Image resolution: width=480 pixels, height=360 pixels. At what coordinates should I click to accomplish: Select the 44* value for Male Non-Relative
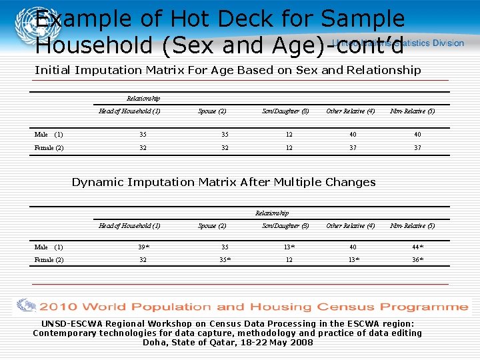[x=417, y=247]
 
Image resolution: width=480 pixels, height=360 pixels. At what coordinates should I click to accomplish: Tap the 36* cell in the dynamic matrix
[x=417, y=260]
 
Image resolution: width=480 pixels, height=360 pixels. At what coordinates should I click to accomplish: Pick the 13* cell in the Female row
[x=353, y=260]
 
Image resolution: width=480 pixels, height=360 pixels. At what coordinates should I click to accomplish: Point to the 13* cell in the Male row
[x=289, y=247]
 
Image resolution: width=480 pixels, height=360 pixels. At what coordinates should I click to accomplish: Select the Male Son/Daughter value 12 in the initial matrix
[x=289, y=134]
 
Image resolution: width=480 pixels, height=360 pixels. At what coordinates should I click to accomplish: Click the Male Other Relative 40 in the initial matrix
[x=351, y=134]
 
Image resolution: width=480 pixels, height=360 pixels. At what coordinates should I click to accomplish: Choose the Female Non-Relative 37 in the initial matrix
[x=417, y=147]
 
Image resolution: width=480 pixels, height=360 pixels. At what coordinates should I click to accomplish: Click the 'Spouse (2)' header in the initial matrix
[x=212, y=111]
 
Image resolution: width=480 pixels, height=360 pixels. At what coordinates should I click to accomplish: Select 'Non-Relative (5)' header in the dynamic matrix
[x=412, y=226]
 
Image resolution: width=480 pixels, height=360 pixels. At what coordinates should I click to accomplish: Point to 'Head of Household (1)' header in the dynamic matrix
[x=129, y=226]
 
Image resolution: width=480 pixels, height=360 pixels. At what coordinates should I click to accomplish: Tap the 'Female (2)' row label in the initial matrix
[x=49, y=147]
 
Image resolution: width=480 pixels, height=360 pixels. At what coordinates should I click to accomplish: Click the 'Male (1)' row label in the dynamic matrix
[x=48, y=247]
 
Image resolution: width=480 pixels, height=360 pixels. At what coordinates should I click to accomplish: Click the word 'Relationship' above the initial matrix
[x=143, y=99]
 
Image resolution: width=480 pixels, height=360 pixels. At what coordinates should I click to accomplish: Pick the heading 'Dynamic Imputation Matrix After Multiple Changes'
[x=223, y=182]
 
